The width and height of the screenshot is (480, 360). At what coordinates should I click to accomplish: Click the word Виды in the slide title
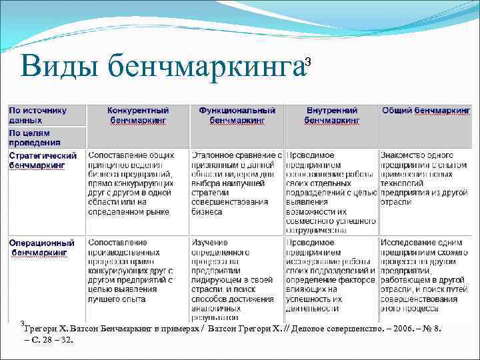point(59,68)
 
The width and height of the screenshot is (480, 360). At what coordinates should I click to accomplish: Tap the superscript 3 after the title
point(308,63)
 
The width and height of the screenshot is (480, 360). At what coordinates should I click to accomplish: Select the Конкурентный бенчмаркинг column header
point(138,115)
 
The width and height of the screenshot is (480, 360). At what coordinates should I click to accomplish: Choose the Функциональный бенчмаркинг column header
point(237,115)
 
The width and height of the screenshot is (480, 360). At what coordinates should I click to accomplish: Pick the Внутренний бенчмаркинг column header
point(332,115)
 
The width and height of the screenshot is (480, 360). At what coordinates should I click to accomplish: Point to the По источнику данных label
point(37,115)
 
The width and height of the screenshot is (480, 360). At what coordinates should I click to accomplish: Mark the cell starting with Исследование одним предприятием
point(425,275)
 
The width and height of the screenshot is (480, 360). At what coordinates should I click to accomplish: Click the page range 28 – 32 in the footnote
point(57,339)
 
